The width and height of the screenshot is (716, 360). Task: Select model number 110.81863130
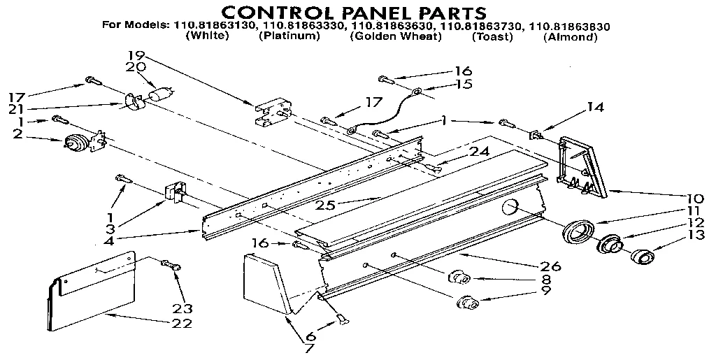pos(213,26)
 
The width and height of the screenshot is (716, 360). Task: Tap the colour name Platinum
pos(289,36)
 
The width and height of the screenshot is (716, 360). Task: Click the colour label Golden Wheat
pos(396,36)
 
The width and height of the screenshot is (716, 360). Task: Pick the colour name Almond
pos(570,37)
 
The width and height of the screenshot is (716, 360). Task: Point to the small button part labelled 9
pos(466,303)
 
